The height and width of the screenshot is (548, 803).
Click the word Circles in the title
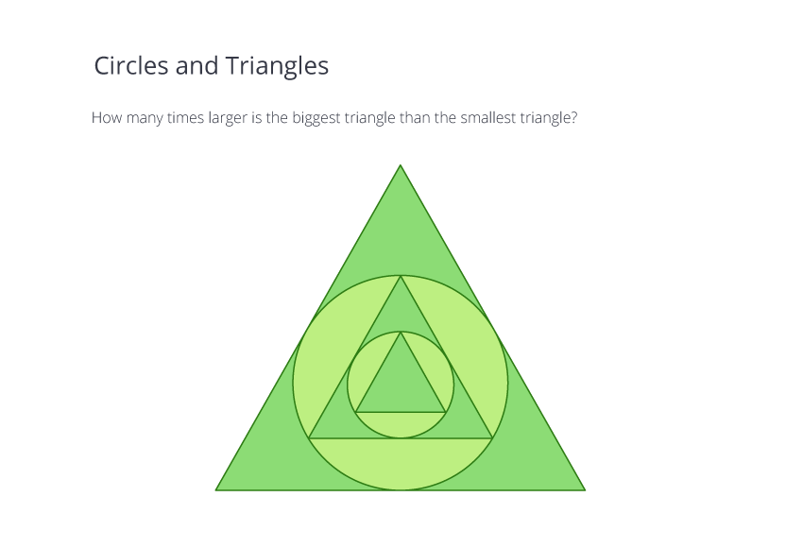tap(131, 65)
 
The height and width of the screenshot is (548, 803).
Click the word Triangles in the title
tap(277, 66)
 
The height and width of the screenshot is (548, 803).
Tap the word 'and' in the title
tap(196, 65)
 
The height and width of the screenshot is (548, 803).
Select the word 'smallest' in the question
tap(488, 118)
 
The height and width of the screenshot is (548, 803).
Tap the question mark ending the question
tap(574, 118)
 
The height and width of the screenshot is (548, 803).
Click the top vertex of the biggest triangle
tap(401, 165)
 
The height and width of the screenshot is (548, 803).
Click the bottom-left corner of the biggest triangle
tap(215, 490)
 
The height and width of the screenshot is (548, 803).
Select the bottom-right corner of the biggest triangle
tap(585, 490)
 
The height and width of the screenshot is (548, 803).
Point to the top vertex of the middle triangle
tap(401, 276)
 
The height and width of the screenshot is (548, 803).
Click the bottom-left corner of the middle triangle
tap(309, 437)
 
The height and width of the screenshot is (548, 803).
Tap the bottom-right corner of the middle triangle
tap(492, 437)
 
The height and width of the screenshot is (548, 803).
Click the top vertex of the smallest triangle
tap(401, 332)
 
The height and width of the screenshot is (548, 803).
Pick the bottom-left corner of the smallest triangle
tap(355, 412)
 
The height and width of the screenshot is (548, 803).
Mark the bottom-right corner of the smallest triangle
tap(446, 412)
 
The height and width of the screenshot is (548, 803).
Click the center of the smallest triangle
tap(401, 385)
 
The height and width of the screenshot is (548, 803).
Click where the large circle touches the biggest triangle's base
tap(401, 490)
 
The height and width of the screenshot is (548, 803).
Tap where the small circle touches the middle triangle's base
tap(401, 437)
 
